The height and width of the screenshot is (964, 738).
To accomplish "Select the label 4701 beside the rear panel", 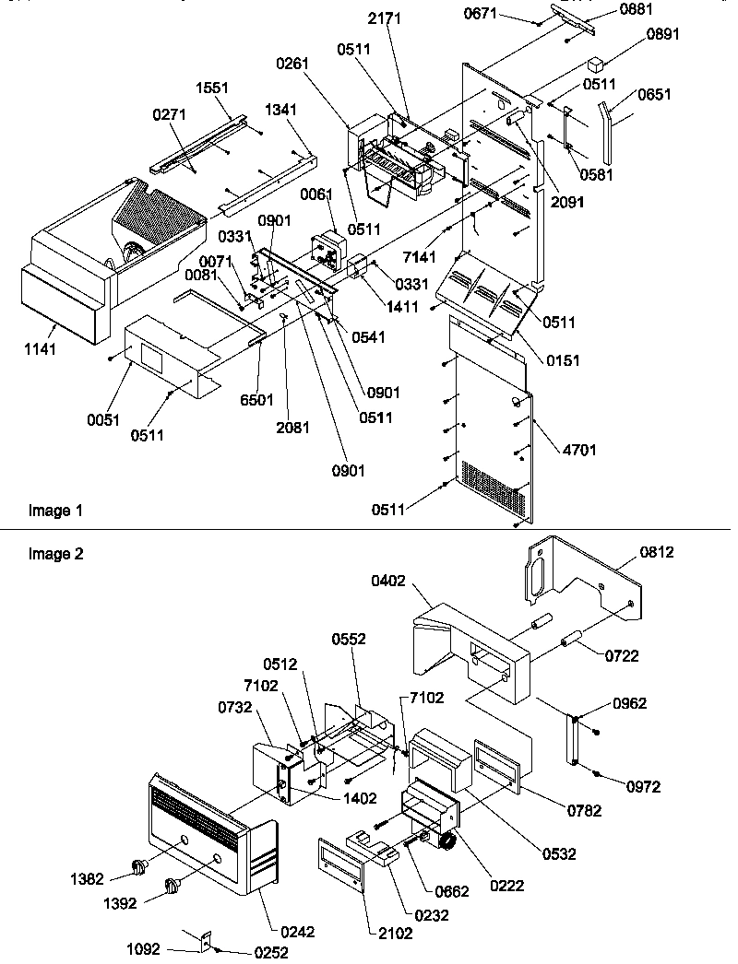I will tap(579, 450).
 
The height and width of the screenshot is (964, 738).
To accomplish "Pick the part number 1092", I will tap(143, 946).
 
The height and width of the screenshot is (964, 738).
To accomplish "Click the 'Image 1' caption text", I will tap(49, 511).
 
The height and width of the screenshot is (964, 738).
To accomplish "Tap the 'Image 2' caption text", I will tap(49, 554).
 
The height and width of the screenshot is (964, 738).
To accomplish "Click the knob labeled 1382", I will tap(141, 865).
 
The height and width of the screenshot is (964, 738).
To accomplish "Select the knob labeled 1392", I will tap(171, 887).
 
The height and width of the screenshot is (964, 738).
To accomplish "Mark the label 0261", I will tap(292, 64).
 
